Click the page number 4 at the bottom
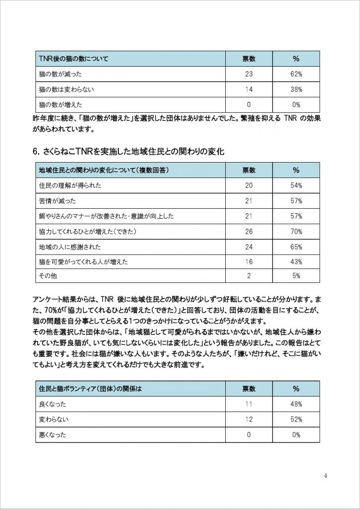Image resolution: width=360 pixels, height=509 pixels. tap(325, 475)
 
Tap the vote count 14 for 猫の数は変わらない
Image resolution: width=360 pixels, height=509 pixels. tap(249, 89)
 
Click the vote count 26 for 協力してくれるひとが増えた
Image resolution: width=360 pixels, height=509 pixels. tap(249, 231)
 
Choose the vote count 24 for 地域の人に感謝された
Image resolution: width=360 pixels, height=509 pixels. tap(249, 246)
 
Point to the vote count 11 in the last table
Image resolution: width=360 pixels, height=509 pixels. tap(249, 404)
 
